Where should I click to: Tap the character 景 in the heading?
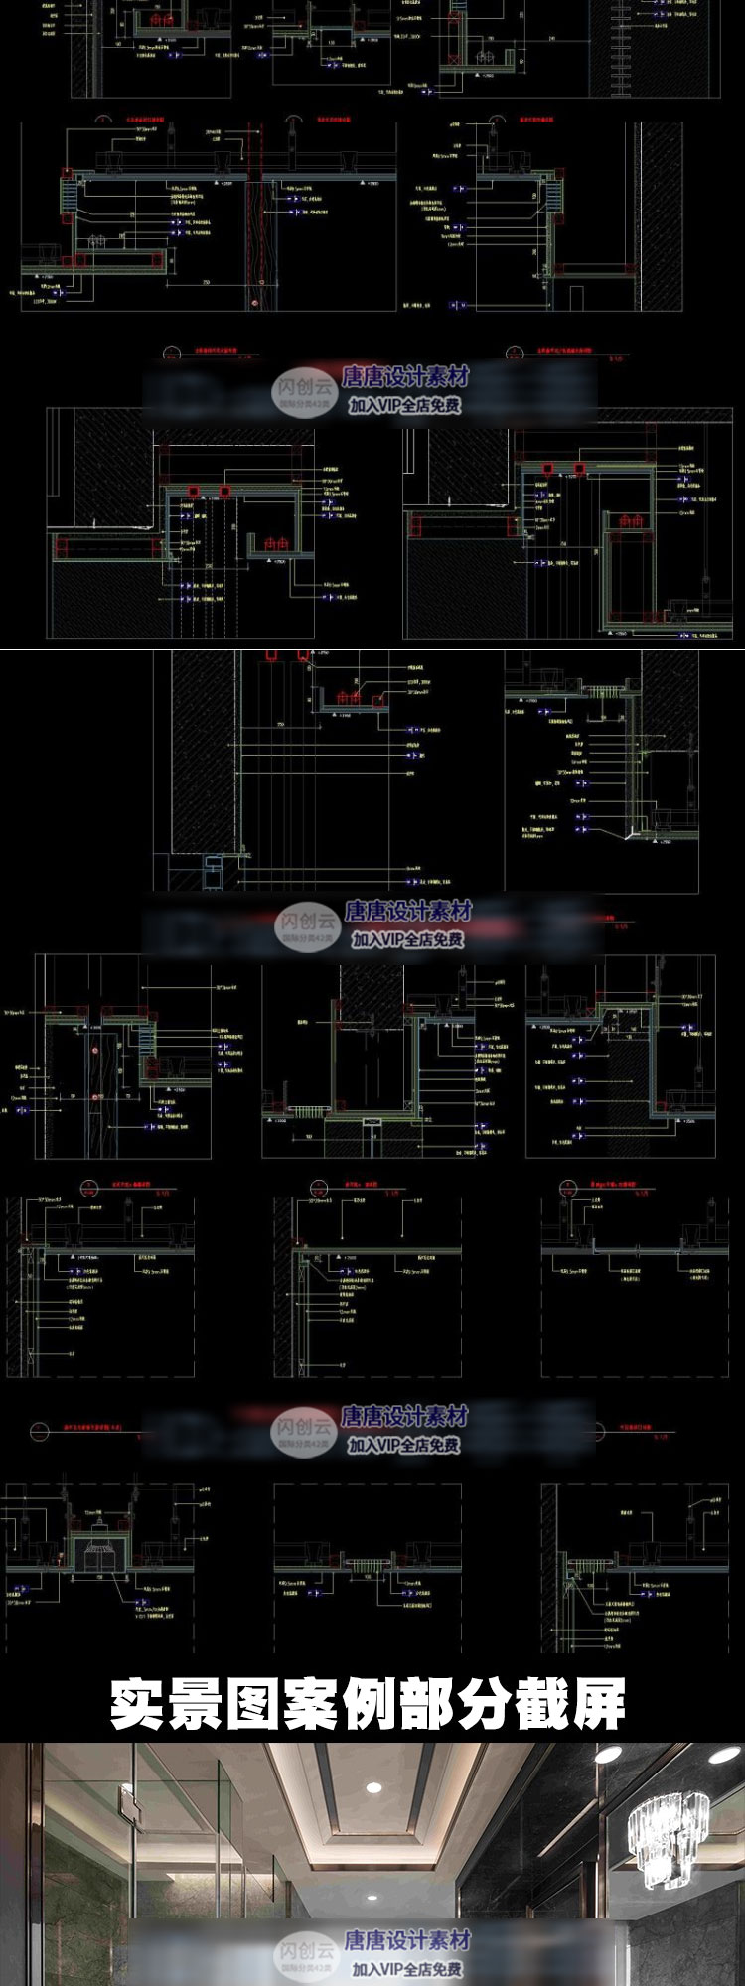[199, 1704]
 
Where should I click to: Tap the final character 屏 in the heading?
[602, 1704]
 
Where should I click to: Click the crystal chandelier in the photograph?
[668, 1833]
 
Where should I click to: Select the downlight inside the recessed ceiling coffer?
[373, 1788]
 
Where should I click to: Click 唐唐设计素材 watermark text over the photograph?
[406, 1939]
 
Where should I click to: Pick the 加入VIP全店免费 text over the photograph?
[406, 1968]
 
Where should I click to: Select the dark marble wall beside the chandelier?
[556, 1867]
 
